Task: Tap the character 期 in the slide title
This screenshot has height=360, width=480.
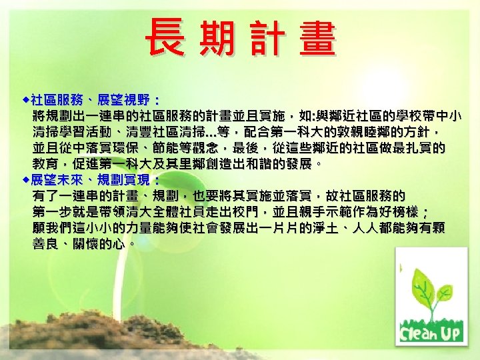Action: click(215, 39)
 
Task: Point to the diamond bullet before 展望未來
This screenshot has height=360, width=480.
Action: click(25, 180)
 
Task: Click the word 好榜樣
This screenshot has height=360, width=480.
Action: click(398, 212)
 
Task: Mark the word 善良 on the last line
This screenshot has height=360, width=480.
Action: click(47, 244)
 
